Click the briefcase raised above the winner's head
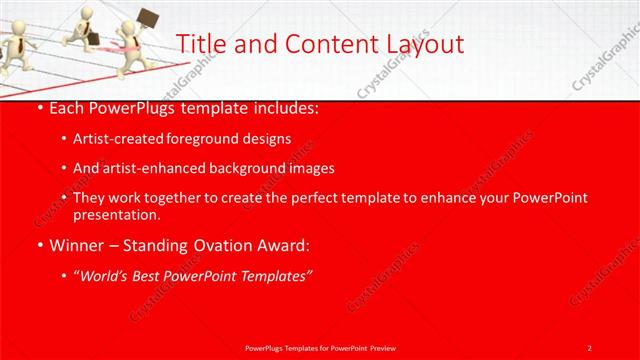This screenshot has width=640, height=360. tap(147, 17)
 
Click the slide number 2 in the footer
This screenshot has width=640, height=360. tap(590, 347)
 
